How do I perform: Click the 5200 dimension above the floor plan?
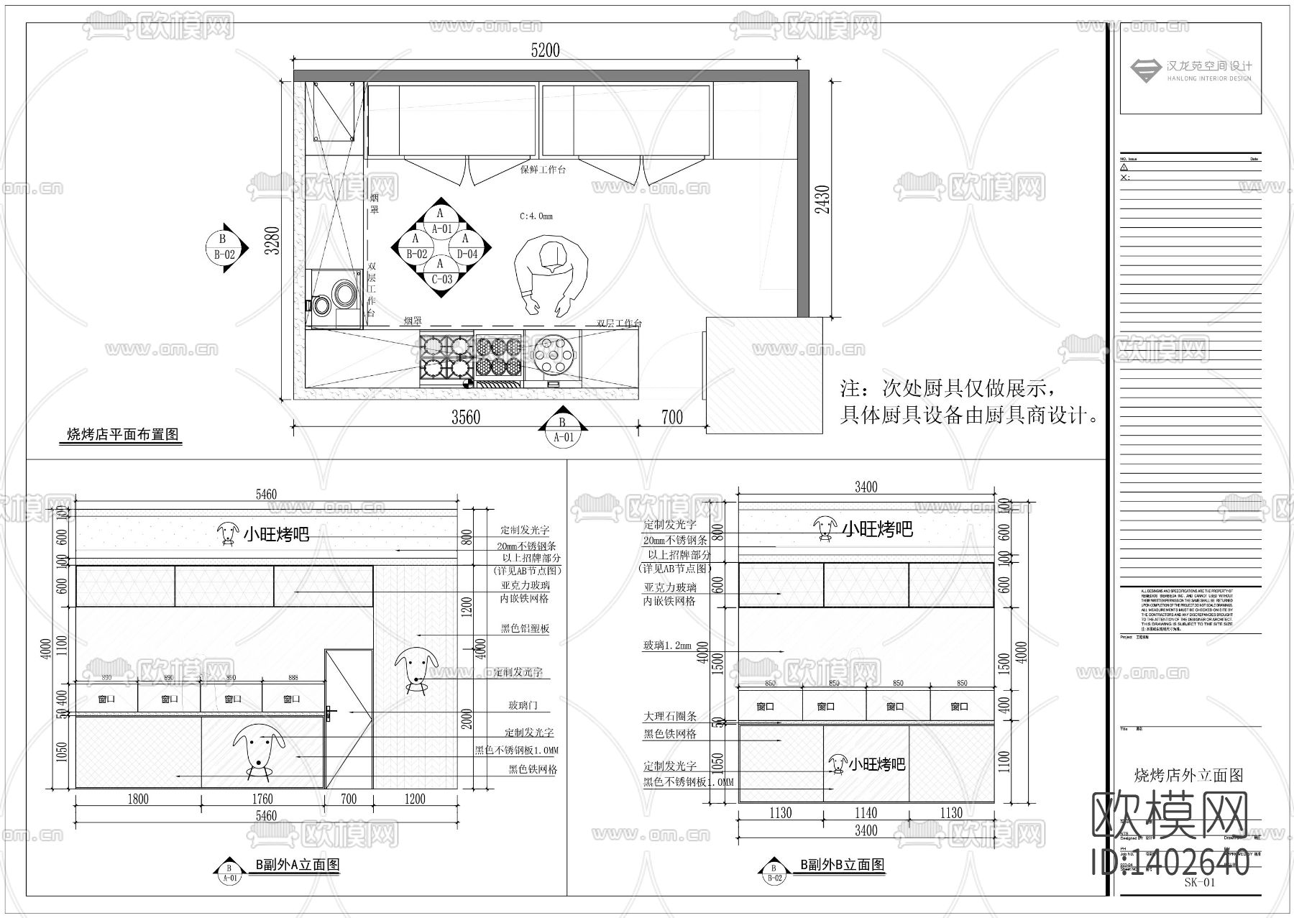(x=544, y=50)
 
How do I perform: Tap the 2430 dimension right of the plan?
(x=823, y=199)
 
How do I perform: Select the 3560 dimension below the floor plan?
(x=465, y=418)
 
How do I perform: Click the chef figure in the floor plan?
(x=551, y=277)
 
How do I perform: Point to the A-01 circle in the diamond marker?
(x=441, y=221)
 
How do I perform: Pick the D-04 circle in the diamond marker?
(x=467, y=247)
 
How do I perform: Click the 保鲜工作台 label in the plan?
(x=543, y=170)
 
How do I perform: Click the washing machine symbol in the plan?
(x=334, y=298)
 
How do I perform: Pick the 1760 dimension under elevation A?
(x=262, y=799)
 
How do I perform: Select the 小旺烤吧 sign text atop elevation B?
(x=877, y=530)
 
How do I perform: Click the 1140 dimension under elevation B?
(x=866, y=813)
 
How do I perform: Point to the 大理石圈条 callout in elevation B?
(x=670, y=717)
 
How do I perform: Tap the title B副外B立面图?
(x=842, y=865)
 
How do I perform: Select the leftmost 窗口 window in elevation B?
(x=766, y=707)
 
